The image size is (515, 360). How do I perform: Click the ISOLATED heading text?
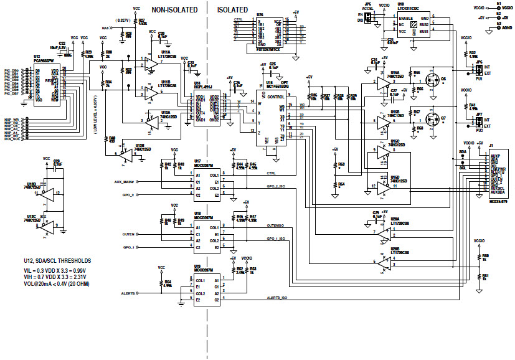[232, 11]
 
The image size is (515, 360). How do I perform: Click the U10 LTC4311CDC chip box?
[414, 25]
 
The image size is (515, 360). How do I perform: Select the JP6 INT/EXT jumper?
[471, 70]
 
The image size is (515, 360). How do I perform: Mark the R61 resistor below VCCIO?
[478, 276]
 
